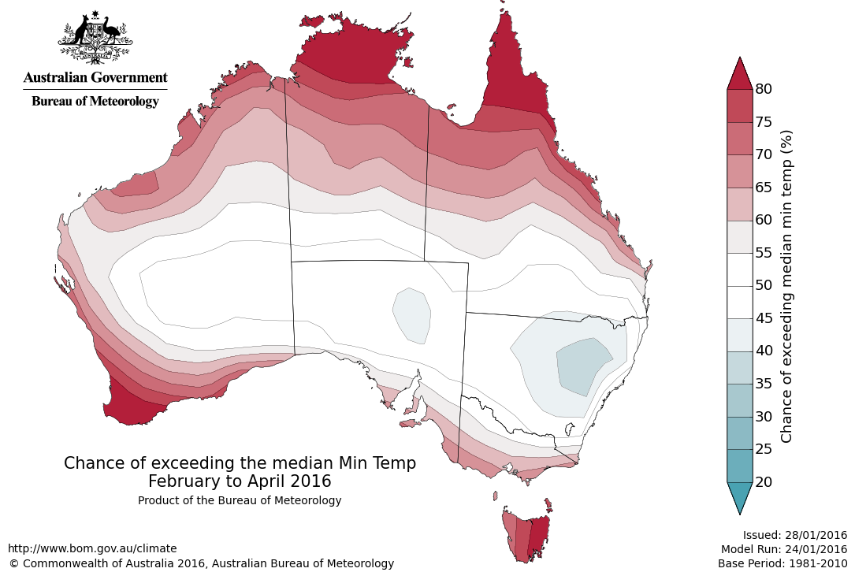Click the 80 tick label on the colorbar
(x=764, y=88)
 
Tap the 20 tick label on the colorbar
(x=764, y=481)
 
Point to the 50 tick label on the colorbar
(x=764, y=285)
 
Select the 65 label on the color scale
(x=764, y=187)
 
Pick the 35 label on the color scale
(x=764, y=383)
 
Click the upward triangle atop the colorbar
(x=740, y=76)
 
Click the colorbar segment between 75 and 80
(x=740, y=105)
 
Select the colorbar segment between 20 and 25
(x=740, y=465)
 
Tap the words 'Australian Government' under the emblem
(x=95, y=77)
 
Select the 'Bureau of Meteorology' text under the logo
(x=95, y=101)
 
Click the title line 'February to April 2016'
(x=240, y=481)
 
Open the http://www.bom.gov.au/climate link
(x=92, y=548)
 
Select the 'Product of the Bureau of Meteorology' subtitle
(x=240, y=500)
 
